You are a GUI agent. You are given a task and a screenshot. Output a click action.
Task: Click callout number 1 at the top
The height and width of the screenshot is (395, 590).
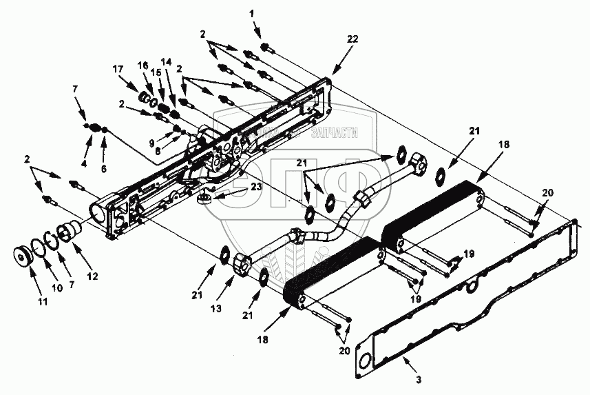pos(251,13)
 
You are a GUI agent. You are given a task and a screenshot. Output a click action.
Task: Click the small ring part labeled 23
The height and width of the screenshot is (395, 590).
pos(203,201)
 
